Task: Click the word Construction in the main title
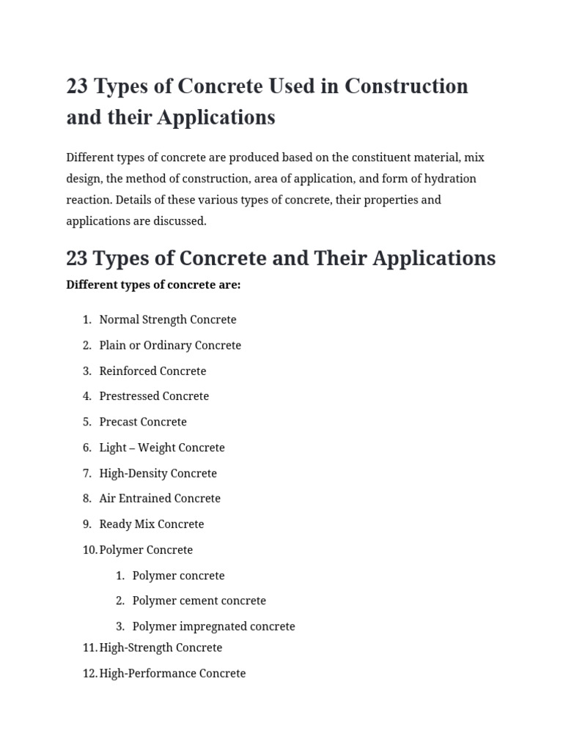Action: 406,86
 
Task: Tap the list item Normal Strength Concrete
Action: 168,320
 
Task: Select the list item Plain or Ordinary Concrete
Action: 170,346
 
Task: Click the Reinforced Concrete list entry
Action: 152,371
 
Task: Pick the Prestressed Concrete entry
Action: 154,396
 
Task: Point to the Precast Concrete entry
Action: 143,422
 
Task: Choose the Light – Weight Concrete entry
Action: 162,448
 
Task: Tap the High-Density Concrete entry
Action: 158,473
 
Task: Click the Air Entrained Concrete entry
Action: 160,499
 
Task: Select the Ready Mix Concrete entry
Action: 152,524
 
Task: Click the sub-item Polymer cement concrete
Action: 199,601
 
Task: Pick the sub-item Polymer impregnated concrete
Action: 214,627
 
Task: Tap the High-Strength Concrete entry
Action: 161,648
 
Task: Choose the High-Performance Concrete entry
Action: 172,674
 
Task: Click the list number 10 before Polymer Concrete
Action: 89,550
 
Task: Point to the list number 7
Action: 87,473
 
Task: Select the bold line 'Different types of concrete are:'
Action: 153,285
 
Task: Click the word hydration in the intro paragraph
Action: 450,179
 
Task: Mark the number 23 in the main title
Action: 77,86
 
